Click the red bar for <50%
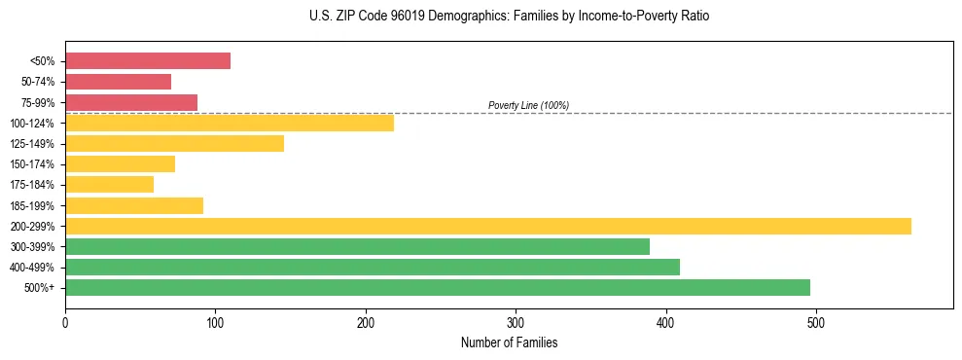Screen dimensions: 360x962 pos(148,61)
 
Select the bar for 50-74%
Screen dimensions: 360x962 pos(118,82)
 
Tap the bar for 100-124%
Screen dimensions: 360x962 pos(230,123)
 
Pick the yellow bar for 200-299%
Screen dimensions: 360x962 pos(488,226)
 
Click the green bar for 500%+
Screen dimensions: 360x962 pos(438,287)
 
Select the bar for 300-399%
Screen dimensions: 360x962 pos(357,246)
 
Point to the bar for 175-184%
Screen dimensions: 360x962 pos(109,184)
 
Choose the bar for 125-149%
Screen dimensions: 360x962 pos(174,143)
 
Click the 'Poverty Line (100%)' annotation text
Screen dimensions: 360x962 pos(528,105)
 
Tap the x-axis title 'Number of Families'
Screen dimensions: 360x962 pos(509,342)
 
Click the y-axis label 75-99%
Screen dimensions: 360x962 pos(38,103)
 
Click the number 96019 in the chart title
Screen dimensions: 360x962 pos(410,17)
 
